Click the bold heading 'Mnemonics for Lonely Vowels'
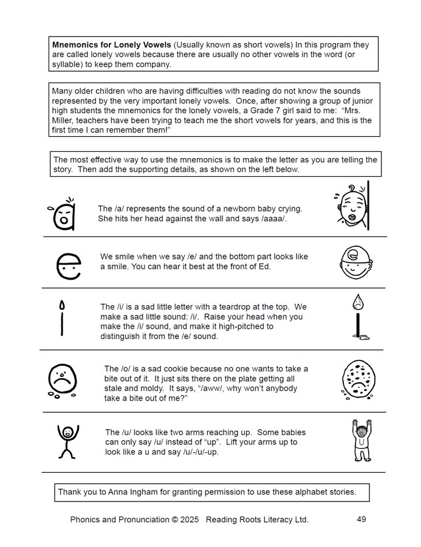coord(112,45)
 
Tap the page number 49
coord(361,519)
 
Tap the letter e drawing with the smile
coord(68,265)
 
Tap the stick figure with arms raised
coord(67,441)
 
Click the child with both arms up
coord(361,440)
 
